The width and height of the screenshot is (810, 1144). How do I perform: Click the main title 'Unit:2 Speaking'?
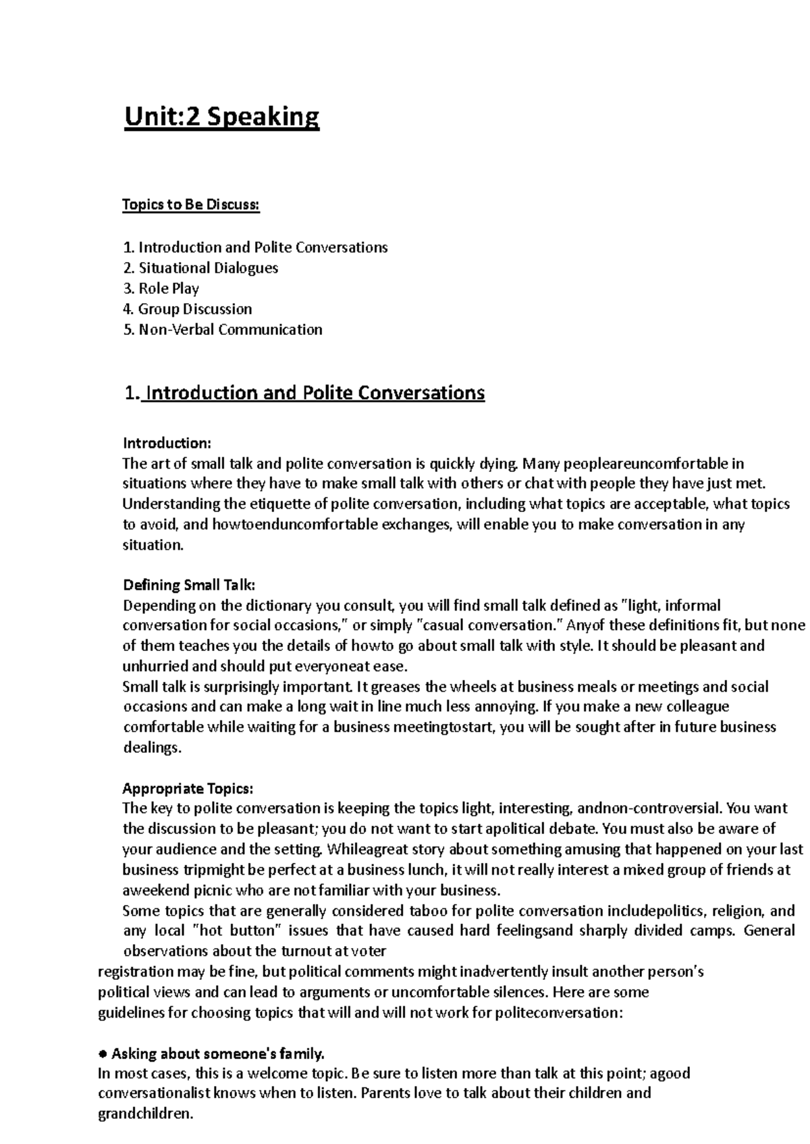[x=221, y=118]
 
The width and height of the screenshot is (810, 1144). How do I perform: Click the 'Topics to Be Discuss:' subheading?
[x=190, y=205]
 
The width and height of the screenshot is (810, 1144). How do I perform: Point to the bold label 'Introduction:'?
[x=167, y=444]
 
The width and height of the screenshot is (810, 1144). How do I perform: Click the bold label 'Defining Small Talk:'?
[x=189, y=586]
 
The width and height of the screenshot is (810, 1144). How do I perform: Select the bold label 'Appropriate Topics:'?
[x=188, y=789]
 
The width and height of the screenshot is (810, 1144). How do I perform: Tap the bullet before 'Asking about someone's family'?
[x=103, y=1054]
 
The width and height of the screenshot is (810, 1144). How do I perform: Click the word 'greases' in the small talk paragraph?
[x=395, y=687]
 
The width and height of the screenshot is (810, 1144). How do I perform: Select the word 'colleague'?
[x=697, y=707]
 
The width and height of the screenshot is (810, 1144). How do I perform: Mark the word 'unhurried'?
[x=155, y=667]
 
